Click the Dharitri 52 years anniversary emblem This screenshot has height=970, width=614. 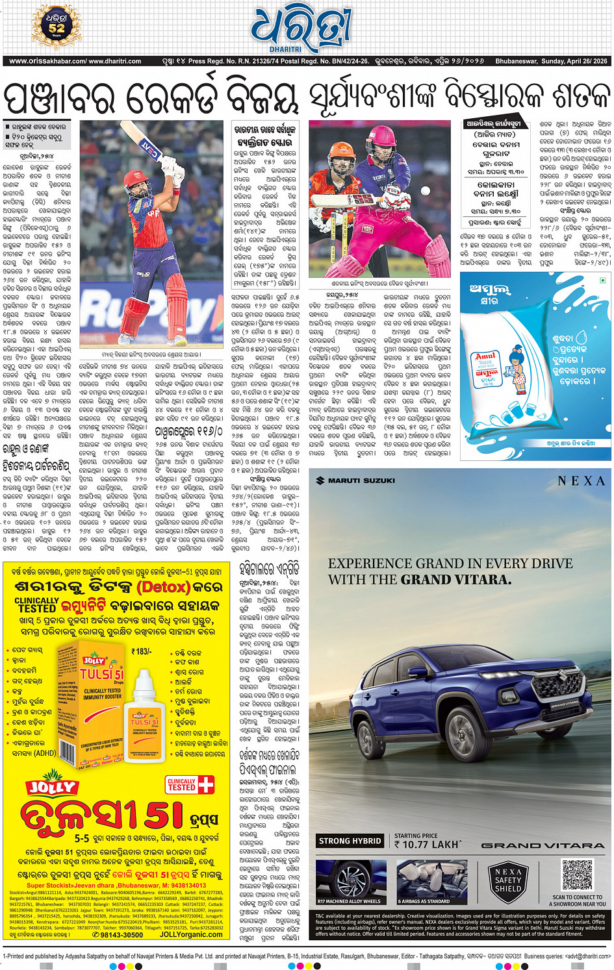click(x=57, y=27)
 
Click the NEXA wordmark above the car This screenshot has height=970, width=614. click(x=581, y=481)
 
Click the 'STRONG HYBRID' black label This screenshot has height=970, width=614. click(x=350, y=841)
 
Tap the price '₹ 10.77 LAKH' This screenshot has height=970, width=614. click(x=427, y=844)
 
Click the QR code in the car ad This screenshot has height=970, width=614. click(x=578, y=875)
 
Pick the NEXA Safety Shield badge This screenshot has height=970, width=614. click(x=507, y=880)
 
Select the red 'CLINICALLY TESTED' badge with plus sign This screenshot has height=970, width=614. click(x=190, y=784)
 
